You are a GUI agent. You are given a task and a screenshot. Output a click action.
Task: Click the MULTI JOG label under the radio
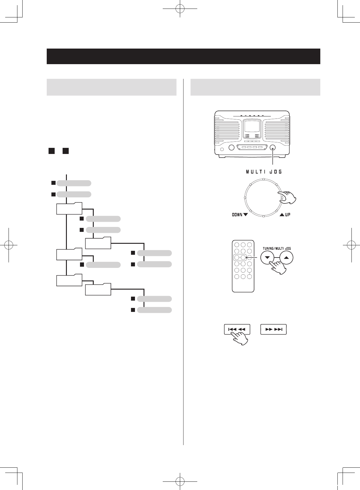tap(264, 172)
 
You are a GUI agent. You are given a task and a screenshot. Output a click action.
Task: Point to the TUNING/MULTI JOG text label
tap(277, 248)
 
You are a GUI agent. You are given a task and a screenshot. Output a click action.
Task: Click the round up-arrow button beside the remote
tap(286, 258)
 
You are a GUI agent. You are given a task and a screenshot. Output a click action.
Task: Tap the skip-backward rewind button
tap(237, 329)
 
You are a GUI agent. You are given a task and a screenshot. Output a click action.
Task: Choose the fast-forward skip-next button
tap(274, 329)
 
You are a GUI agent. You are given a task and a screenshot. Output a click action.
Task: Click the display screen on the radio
tap(252, 126)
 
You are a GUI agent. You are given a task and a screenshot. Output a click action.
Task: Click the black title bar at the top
tap(183, 56)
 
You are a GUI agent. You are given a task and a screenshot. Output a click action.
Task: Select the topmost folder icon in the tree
tap(69, 208)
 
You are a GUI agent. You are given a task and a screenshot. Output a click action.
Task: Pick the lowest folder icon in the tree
tap(98, 289)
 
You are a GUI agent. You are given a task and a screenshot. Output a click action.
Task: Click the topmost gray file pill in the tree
tap(74, 183)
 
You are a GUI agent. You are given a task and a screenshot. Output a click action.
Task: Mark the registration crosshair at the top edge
tap(180, 9)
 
